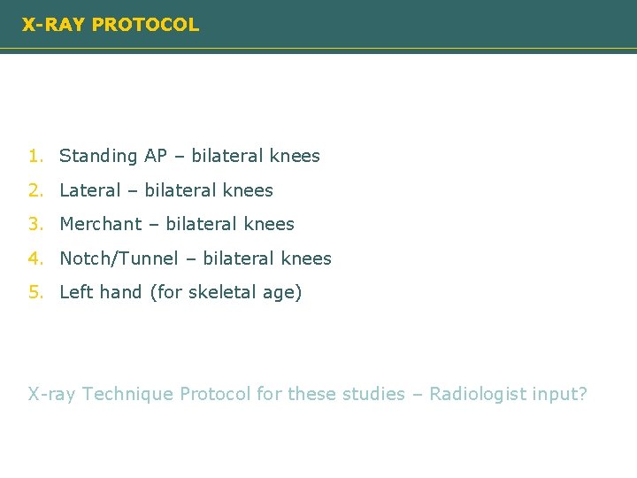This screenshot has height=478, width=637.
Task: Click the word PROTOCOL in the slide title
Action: coord(145,25)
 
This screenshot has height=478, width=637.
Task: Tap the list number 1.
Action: coord(34,156)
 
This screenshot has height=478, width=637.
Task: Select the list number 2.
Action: coord(34,190)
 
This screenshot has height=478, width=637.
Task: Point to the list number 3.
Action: coord(34,225)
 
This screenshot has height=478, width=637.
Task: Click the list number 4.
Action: coord(34,259)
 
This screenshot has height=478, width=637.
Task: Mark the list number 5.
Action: coord(34,293)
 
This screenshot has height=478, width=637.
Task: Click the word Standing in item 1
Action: coord(98,157)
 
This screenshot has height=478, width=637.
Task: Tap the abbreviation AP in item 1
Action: coord(156,156)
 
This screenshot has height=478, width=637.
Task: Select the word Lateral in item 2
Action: coord(89,190)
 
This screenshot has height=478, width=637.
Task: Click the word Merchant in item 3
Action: coord(100,225)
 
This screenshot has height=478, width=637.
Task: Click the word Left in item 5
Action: coord(76,293)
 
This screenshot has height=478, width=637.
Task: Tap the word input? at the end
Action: coord(560,395)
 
